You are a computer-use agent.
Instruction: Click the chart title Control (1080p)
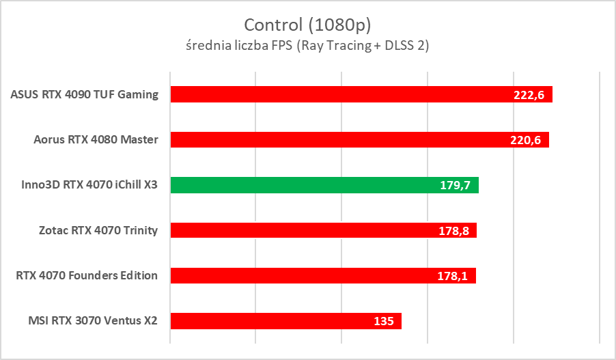307,25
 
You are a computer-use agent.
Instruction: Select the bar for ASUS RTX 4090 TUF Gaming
361,94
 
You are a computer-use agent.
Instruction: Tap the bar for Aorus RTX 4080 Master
359,140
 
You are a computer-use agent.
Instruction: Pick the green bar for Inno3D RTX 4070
324,185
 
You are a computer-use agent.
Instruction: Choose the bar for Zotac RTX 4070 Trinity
323,230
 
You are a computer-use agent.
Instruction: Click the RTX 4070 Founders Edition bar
322,275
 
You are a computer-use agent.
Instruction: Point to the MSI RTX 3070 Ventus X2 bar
285,320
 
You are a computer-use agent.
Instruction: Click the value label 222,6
529,95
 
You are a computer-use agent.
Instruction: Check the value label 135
383,321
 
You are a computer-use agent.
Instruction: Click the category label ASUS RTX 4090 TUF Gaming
85,95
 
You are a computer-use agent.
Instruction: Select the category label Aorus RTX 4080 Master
96,140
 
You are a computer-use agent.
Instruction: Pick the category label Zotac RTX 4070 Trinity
98,230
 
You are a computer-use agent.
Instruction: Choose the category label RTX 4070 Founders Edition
87,275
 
